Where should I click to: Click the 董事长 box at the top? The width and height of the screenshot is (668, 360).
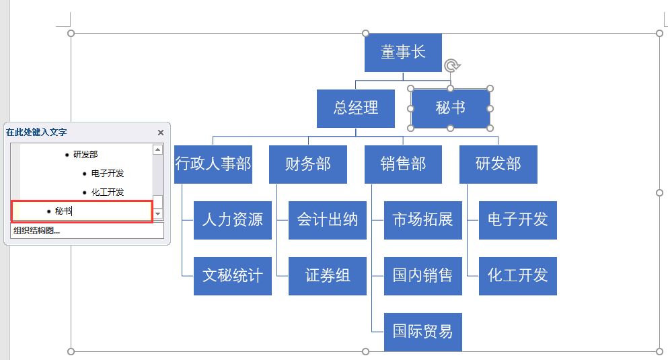(403, 52)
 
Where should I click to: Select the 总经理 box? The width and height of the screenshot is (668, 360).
(355, 108)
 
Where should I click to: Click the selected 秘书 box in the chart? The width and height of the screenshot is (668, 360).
(450, 108)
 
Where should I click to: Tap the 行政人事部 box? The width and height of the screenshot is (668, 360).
(213, 164)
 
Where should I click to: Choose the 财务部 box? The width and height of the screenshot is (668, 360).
(307, 164)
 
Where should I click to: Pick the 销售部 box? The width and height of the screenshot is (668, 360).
(403, 164)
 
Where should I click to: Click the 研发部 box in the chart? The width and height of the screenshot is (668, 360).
(498, 164)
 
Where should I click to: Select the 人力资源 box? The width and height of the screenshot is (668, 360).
(232, 219)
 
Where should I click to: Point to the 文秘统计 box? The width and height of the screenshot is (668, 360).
(232, 275)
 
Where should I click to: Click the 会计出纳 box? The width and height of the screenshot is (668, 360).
(327, 219)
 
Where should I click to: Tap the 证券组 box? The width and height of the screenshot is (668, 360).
(327, 275)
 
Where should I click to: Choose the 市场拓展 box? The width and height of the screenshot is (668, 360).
(422, 219)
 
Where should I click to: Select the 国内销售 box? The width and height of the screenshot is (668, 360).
(422, 275)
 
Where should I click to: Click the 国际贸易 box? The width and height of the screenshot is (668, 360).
(422, 331)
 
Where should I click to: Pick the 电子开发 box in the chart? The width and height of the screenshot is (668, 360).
(517, 219)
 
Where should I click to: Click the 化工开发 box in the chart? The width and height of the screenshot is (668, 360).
(517, 275)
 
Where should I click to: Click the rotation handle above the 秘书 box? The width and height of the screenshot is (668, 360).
(452, 65)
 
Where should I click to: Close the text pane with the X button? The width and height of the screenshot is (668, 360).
(160, 133)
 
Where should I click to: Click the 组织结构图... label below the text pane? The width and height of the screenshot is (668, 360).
(36, 231)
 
